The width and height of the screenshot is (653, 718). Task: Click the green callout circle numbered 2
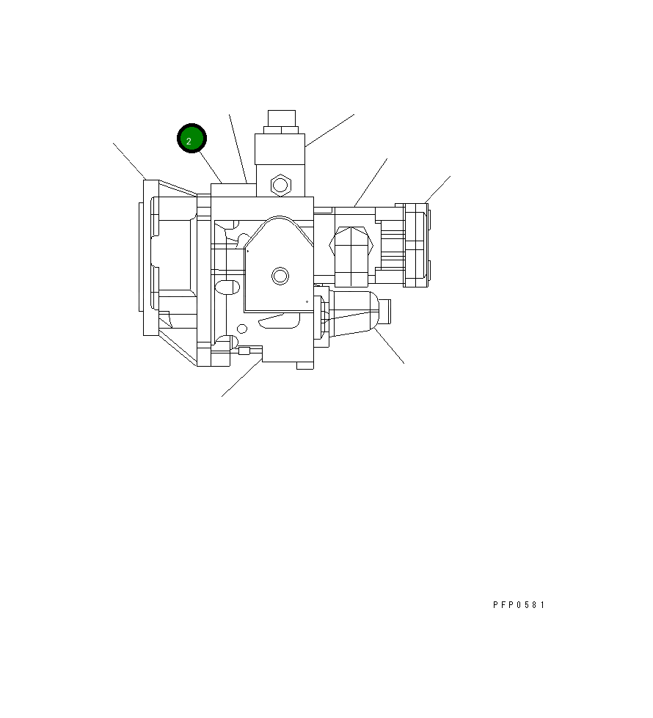(191, 139)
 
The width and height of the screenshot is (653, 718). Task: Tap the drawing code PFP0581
(519, 605)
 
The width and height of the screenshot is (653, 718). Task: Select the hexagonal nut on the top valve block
(280, 184)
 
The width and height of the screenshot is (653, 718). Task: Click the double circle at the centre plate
(280, 276)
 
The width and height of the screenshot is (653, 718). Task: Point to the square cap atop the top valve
(281, 118)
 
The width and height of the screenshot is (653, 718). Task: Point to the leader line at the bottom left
(241, 378)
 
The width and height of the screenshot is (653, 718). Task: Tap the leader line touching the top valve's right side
(329, 130)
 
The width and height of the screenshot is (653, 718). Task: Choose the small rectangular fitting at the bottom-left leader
(244, 351)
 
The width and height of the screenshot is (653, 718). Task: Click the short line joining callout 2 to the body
(210, 167)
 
